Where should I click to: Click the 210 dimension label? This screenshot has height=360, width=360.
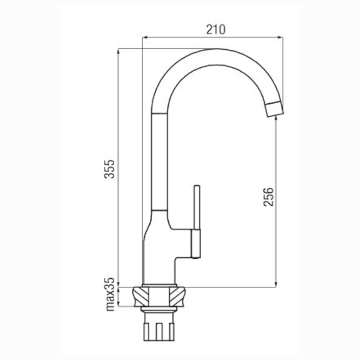[216, 30]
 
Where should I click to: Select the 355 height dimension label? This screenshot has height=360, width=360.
[109, 169]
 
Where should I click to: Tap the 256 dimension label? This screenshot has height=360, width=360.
[269, 197]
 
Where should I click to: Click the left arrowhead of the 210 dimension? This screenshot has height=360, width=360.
[145, 38]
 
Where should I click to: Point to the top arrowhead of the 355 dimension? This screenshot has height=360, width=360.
[118, 51]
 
